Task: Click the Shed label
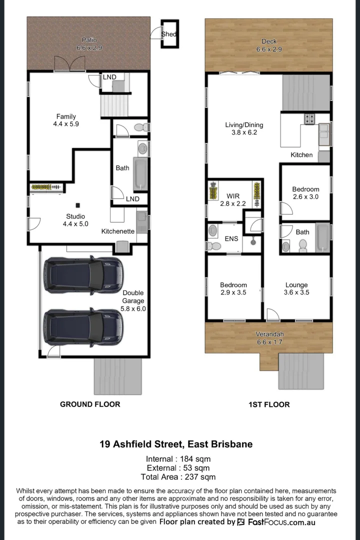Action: click(168, 34)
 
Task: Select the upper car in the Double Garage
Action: click(82, 274)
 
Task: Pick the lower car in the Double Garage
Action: click(82, 326)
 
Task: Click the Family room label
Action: click(66, 120)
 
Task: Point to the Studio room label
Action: click(75, 220)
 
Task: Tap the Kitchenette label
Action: click(118, 231)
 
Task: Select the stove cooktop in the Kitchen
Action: click(310, 119)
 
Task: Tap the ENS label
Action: click(231, 239)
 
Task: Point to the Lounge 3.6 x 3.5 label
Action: click(296, 288)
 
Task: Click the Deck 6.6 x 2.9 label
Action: click(269, 45)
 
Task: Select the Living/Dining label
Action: click(244, 128)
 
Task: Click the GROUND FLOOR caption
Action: click(90, 404)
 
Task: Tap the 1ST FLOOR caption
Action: click(269, 404)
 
